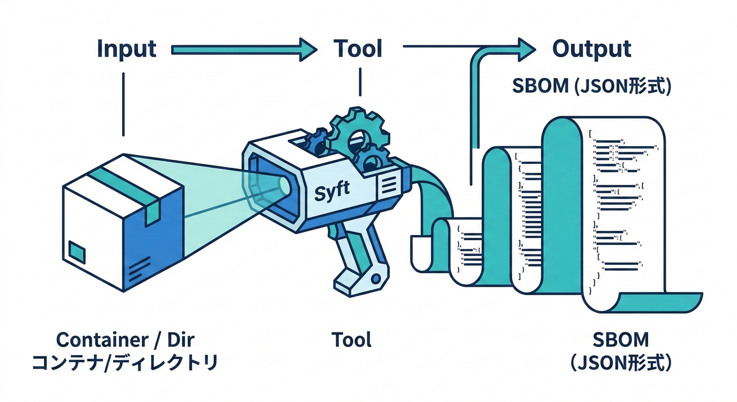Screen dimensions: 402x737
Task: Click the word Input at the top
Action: pos(127,49)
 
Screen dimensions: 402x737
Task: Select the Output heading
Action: pos(592,49)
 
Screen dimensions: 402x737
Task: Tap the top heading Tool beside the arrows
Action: pos(358,49)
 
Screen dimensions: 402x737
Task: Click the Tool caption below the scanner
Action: pos(352,340)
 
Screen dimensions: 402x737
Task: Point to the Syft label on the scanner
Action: pos(332,193)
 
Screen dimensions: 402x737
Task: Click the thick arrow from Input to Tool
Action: pos(244,50)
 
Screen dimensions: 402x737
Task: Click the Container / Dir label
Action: pos(125,340)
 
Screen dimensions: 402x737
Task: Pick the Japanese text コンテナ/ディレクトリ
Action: pos(125,362)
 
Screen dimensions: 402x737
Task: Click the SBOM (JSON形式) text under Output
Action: pos(591,86)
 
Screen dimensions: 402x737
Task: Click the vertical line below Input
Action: pos(124,104)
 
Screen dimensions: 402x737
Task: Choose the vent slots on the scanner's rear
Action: pos(388,184)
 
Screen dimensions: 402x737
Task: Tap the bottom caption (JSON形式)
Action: pos(621,363)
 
